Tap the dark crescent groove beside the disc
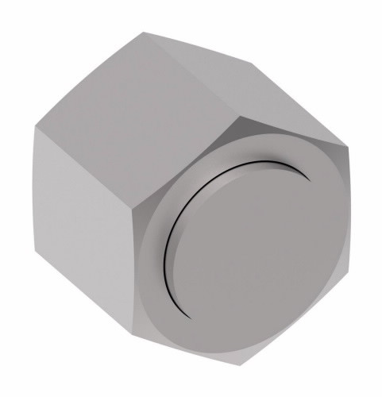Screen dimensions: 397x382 [168, 238]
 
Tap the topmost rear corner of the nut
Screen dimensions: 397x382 [144, 32]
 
